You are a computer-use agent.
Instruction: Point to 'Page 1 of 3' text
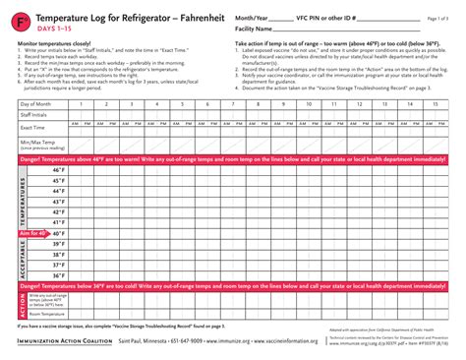tap(438, 18)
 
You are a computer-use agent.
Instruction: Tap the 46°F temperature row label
tap(58, 170)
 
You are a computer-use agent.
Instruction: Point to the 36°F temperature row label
tap(58, 275)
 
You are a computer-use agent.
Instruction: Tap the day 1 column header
tap(79, 103)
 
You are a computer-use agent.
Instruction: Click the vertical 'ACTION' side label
tap(22, 304)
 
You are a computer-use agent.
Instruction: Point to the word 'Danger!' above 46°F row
tap(33, 158)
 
